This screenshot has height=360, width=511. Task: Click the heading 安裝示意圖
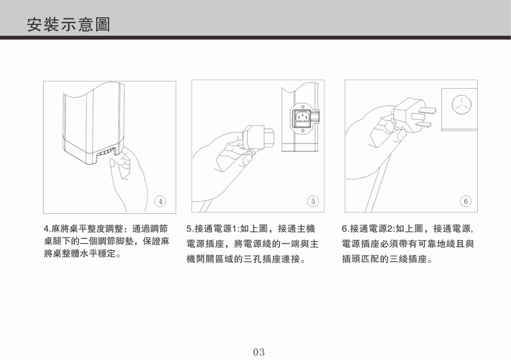(x=69, y=24)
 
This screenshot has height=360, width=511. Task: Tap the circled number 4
(x=160, y=201)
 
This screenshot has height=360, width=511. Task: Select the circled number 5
(x=313, y=201)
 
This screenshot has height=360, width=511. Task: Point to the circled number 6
(x=466, y=201)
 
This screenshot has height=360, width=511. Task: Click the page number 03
(x=259, y=352)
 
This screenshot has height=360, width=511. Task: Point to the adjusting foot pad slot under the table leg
(x=107, y=152)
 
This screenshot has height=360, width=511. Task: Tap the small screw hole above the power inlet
(x=303, y=107)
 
